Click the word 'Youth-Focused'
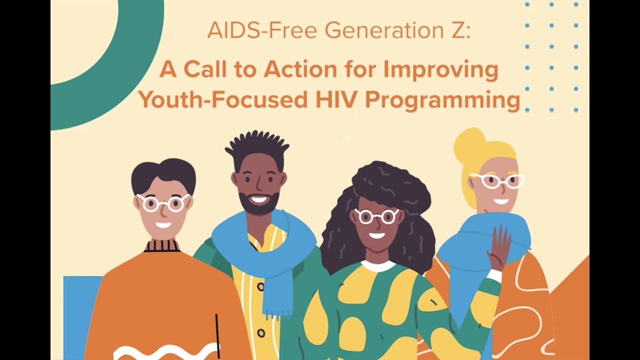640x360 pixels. pos(222,100)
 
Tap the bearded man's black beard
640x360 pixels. pos(259,205)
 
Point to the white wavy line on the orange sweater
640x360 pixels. pos(165,351)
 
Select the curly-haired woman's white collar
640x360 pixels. pos(378,265)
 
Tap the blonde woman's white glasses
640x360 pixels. pos(496,180)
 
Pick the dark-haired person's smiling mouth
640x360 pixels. pos(163,225)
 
